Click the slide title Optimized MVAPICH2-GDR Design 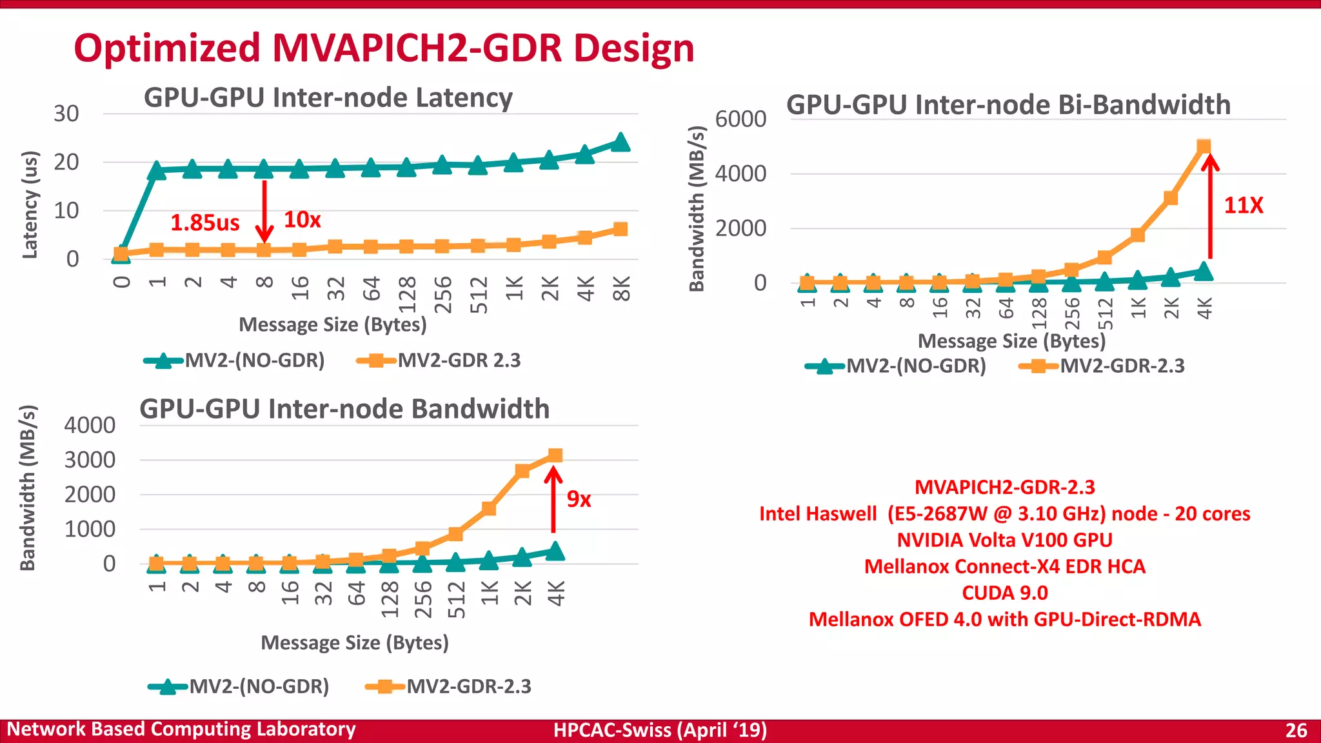384,48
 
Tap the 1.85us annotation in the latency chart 204,223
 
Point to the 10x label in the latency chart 302,220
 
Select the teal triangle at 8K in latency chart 620,142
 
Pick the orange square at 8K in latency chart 620,229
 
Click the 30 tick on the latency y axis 66,114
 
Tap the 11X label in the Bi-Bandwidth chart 1243,206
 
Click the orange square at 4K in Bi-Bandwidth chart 1204,147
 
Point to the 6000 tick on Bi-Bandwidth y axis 740,119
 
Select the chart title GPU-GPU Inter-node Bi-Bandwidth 1008,105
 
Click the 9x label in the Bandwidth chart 579,499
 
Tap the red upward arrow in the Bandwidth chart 553,500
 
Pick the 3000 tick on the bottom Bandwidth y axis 90,461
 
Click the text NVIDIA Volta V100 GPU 1004,540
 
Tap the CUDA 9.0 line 1004,593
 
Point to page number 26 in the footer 1296,730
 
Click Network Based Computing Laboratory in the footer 181,729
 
